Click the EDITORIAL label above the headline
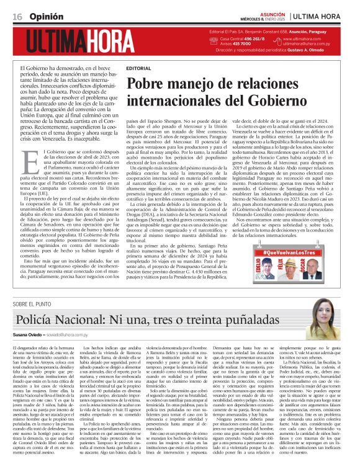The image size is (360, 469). point(138,68)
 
